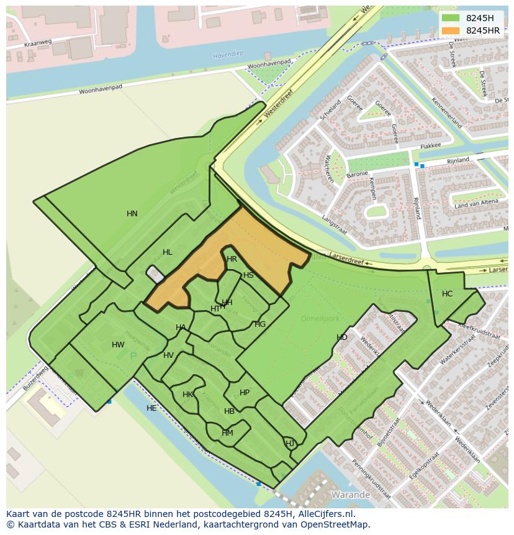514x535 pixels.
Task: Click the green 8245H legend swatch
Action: pyautogui.click(x=451, y=19)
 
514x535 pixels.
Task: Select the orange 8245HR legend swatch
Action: pyautogui.click(x=451, y=30)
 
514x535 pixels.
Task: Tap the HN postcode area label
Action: pyautogui.click(x=132, y=214)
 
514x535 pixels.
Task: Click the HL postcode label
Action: pyautogui.click(x=167, y=252)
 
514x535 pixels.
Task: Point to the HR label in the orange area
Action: pyautogui.click(x=232, y=259)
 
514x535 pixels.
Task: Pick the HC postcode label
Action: pyautogui.click(x=447, y=294)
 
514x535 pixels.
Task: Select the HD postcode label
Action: pyautogui.click(x=342, y=337)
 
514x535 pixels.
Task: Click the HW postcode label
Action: pyautogui.click(x=118, y=345)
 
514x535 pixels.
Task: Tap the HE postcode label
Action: pyautogui.click(x=151, y=408)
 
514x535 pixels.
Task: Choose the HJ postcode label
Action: pyautogui.click(x=290, y=443)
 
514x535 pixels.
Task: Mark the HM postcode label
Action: pyautogui.click(x=227, y=433)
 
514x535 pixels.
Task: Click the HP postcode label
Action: pyautogui.click(x=245, y=393)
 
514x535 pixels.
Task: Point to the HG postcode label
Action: pyautogui.click(x=260, y=324)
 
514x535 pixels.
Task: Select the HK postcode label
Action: pyautogui.click(x=187, y=395)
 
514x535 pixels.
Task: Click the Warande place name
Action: pyautogui.click(x=351, y=495)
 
